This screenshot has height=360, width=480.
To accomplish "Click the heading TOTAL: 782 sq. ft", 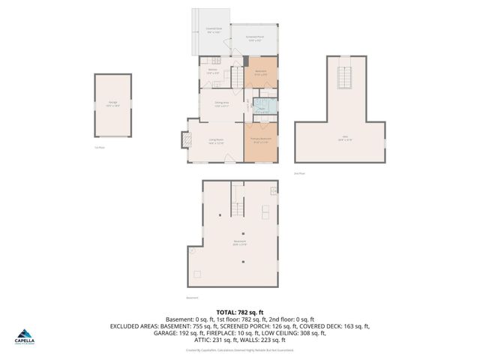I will (x=239, y=312).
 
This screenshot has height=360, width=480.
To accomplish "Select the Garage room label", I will (x=112, y=105).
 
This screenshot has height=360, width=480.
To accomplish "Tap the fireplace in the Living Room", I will (x=185, y=140).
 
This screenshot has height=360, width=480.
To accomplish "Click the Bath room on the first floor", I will (x=262, y=108).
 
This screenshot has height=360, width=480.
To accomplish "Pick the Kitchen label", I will (x=213, y=72).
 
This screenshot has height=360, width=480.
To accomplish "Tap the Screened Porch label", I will (x=254, y=38).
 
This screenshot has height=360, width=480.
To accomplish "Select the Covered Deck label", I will (x=214, y=31).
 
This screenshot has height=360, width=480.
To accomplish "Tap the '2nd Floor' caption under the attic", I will (x=300, y=173).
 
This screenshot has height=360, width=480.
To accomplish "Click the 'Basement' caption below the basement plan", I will (x=193, y=297).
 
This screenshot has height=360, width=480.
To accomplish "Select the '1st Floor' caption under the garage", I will (x=99, y=148).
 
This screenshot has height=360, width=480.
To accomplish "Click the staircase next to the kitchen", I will (x=237, y=76).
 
